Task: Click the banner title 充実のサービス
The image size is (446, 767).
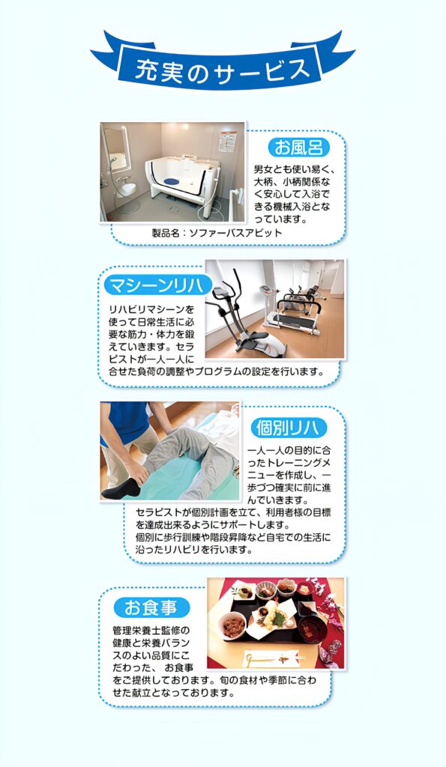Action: pos(223,69)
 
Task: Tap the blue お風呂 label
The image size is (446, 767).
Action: pos(298,148)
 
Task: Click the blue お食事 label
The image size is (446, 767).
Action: pos(151,608)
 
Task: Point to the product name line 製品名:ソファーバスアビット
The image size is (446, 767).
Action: pos(217,233)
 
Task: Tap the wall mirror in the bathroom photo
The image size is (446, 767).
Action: pos(115,148)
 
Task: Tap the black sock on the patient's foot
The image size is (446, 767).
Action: pos(121,488)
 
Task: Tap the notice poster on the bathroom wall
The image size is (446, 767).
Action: pos(227,141)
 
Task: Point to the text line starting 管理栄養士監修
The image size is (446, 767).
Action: pos(151,630)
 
